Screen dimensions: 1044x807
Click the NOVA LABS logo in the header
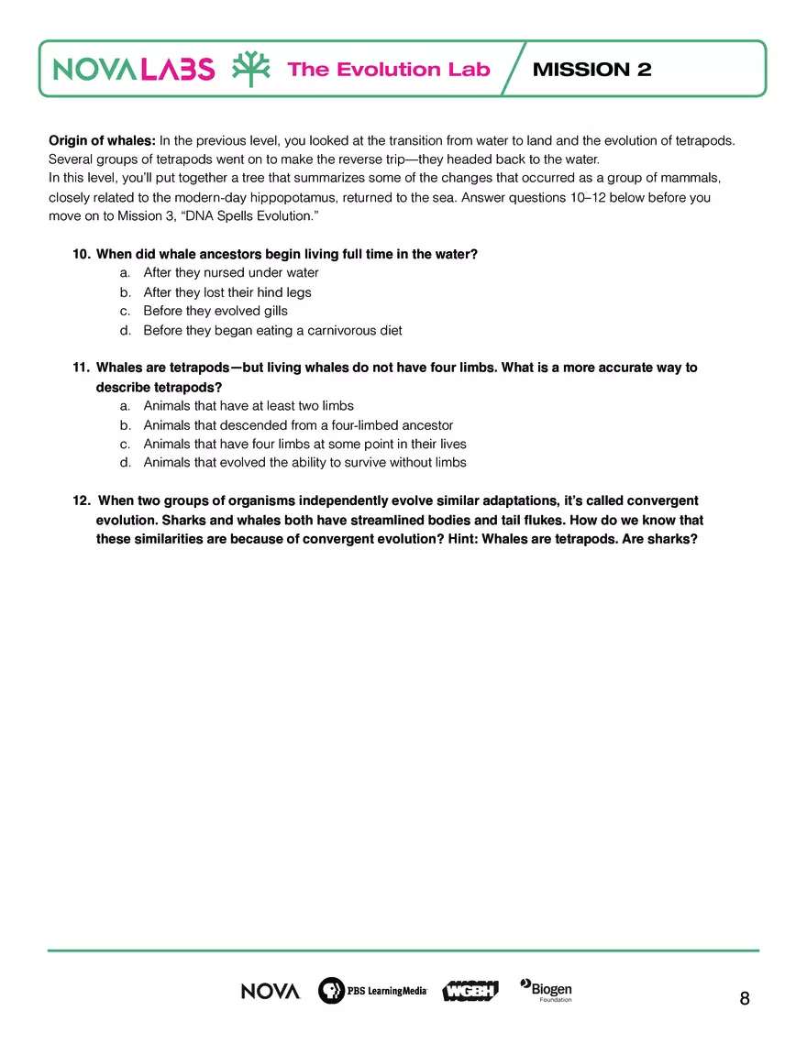pyautogui.click(x=134, y=70)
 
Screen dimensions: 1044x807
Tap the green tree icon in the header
pyautogui.click(x=250, y=69)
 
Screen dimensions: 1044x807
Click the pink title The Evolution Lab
pyautogui.click(x=389, y=70)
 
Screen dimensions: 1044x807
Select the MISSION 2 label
pyautogui.click(x=591, y=70)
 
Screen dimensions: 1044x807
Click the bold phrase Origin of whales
pyautogui.click(x=102, y=141)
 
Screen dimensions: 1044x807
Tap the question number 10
pyautogui.click(x=81, y=254)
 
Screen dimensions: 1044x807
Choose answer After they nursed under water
pyautogui.click(x=231, y=273)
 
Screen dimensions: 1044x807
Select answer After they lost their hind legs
pyautogui.click(x=227, y=292)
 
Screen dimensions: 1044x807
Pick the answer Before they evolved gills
pyautogui.click(x=216, y=311)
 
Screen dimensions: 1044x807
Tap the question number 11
pyautogui.click(x=81, y=368)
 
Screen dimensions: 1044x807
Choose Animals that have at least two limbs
pyautogui.click(x=249, y=405)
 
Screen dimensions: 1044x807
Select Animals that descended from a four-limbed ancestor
pyautogui.click(x=298, y=425)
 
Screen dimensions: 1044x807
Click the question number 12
pyautogui.click(x=81, y=500)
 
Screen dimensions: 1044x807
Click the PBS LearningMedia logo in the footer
pyautogui.click(x=372, y=991)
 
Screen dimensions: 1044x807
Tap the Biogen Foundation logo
pyautogui.click(x=547, y=990)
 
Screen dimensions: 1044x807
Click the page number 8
pyautogui.click(x=744, y=998)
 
